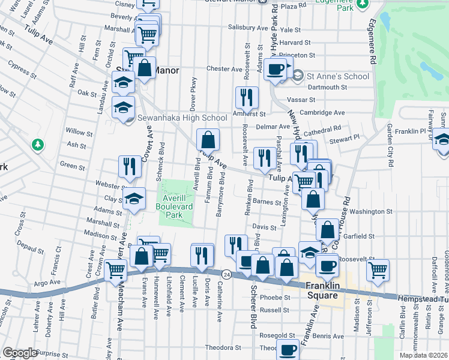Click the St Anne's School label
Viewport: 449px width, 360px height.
coord(337,76)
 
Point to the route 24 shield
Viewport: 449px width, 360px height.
coord(225,274)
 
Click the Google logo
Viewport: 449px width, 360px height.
coord(19,353)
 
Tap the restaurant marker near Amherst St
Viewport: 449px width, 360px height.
coord(247,98)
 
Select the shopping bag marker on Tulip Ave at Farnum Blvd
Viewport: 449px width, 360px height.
coord(208,141)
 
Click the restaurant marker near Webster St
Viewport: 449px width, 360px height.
coord(130,167)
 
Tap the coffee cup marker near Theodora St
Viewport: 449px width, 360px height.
coord(288,349)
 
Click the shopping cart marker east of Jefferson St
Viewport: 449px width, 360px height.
coord(378,271)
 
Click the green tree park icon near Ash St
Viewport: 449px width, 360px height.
coord(38,145)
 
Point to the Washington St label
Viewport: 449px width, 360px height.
coord(371,211)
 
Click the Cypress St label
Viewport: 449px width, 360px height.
coord(18,71)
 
